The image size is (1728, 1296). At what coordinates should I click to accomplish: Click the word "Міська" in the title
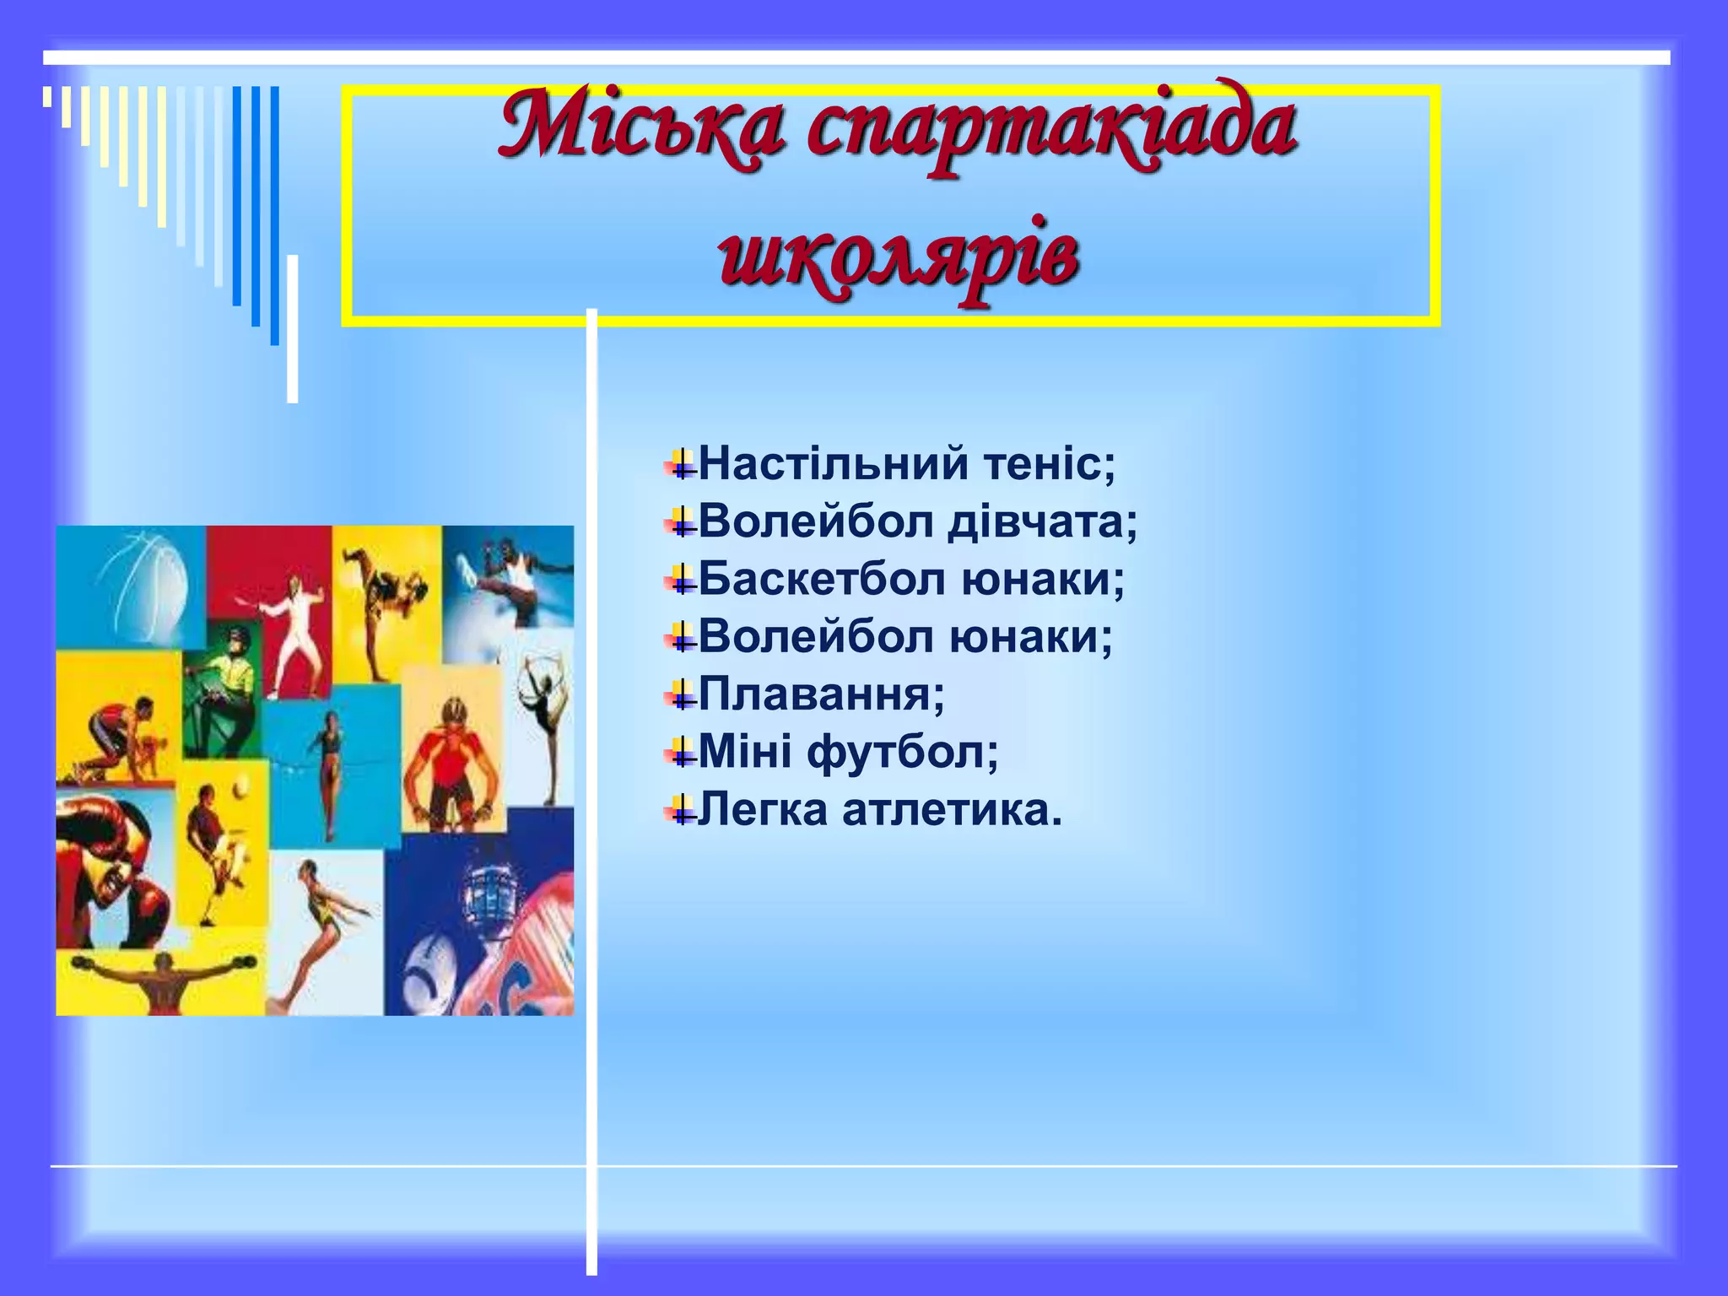[x=640, y=127]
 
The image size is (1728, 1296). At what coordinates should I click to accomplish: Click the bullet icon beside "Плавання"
[x=682, y=696]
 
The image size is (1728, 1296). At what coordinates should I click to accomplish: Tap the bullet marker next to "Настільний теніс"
[x=682, y=465]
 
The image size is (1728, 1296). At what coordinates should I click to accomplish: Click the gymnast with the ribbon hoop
[x=544, y=717]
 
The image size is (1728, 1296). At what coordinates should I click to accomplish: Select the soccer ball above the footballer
[x=240, y=789]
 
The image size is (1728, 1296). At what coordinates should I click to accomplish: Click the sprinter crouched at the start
[x=122, y=734]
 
